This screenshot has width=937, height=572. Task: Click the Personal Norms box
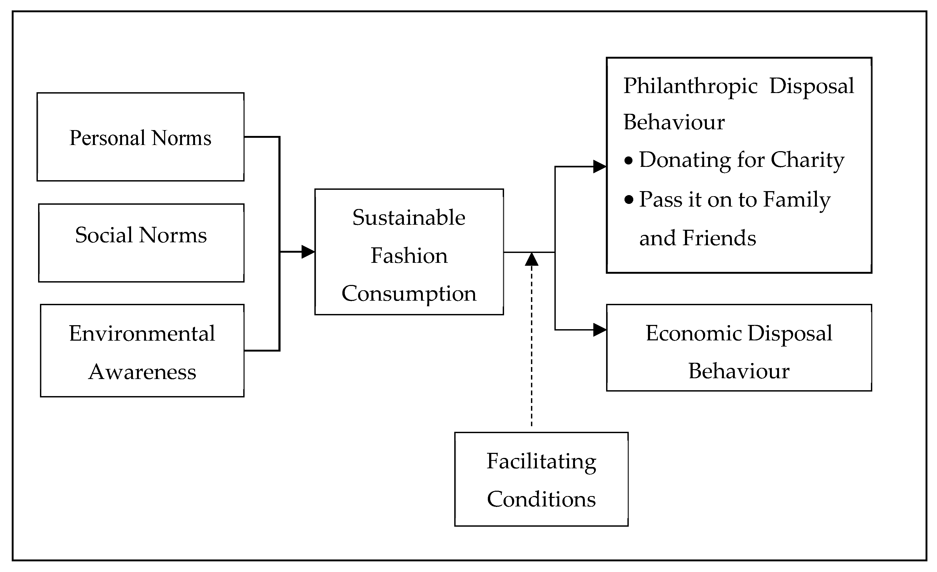[140, 137]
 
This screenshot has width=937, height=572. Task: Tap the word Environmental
[142, 333]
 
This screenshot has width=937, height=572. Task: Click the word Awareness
[142, 372]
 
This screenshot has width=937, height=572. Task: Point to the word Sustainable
[409, 218]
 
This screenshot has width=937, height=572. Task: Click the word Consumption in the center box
[409, 293]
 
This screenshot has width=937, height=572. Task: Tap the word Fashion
[409, 255]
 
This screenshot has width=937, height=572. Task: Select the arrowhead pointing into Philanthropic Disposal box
[600, 167]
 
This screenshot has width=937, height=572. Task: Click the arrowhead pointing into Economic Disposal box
[600, 329]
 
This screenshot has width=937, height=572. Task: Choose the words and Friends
[697, 238]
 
